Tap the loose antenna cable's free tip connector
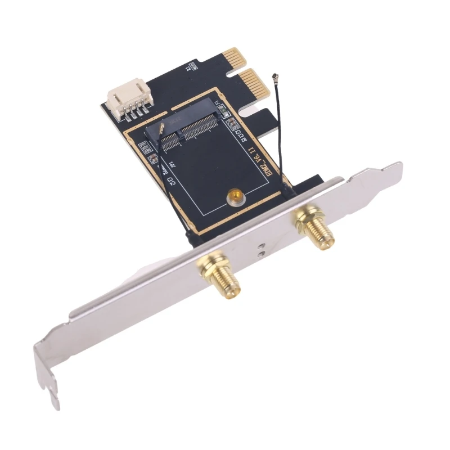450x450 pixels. (275, 76)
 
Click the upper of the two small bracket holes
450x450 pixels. (260, 246)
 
